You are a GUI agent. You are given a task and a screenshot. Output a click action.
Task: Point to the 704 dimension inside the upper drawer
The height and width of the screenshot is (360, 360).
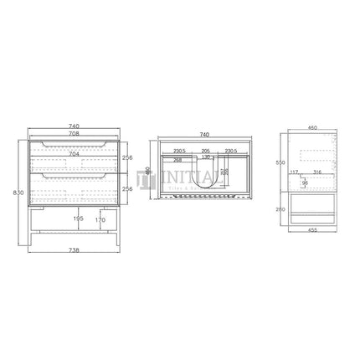pos(73,155)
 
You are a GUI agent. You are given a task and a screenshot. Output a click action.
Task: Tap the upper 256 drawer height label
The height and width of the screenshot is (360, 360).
pos(126,157)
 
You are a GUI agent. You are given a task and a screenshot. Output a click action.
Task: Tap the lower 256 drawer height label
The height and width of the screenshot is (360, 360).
pos(126,189)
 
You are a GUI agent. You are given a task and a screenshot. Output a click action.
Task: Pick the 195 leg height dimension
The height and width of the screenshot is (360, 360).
pos(79,220)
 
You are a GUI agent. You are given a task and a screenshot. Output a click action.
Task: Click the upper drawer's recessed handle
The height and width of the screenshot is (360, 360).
pos(73,146)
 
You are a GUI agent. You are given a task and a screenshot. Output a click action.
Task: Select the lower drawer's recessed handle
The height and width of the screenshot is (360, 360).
pos(73,177)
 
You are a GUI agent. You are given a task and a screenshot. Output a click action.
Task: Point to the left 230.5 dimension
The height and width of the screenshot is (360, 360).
pos(179,150)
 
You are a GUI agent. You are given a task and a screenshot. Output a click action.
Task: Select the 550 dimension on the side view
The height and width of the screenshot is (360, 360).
pos(280,162)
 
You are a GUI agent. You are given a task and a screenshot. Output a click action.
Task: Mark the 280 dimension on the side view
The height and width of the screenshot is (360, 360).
pos(280,209)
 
